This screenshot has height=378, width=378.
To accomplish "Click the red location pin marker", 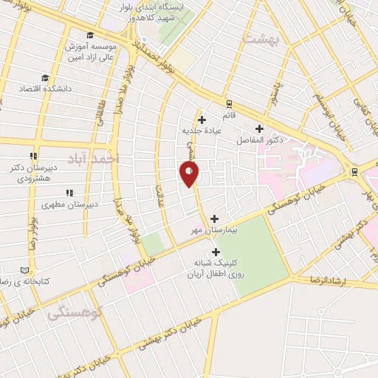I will pyautogui.click(x=189, y=173).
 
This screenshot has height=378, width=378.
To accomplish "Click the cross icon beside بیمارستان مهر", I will pyautogui.click(x=215, y=219).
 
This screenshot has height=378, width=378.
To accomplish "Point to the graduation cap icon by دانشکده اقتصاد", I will pyautogui.click(x=45, y=77).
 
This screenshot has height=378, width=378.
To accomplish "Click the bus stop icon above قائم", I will pyautogui.click(x=229, y=104).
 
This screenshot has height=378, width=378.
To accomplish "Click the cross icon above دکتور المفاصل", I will pyautogui.click(x=259, y=128).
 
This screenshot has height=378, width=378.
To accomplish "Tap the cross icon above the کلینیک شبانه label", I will pyautogui.click(x=215, y=252).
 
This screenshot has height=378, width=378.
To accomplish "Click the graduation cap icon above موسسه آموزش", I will pyautogui.click(x=90, y=35).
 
